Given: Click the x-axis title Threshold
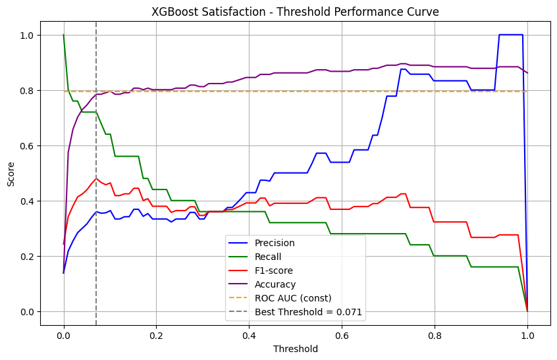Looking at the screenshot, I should pos(296,349).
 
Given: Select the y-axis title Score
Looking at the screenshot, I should pos(11,173).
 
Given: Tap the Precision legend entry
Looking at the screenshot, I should pos(275,243).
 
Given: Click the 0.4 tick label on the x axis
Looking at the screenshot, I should pos(249,334).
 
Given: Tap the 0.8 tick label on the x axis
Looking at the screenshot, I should pos(435,334).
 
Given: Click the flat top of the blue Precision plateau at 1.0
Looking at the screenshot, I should pos(511,35).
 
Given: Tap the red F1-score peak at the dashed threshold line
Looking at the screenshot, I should pos(96,178).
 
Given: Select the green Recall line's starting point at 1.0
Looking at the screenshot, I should pos(64,35).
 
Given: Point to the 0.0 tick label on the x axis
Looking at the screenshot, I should pos(64,334).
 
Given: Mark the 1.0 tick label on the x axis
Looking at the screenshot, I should pos(527,334).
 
